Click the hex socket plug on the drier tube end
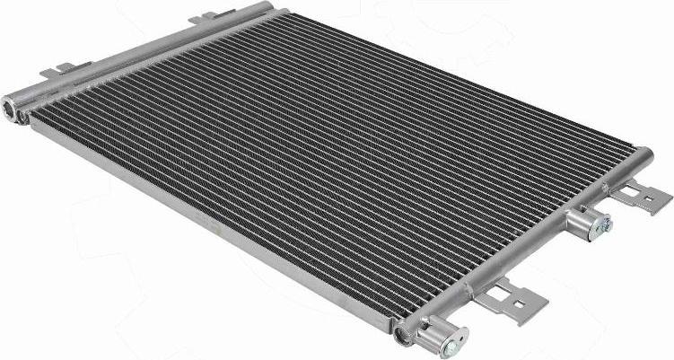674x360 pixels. [x=12, y=108]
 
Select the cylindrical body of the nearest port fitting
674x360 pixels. [x=433, y=333]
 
